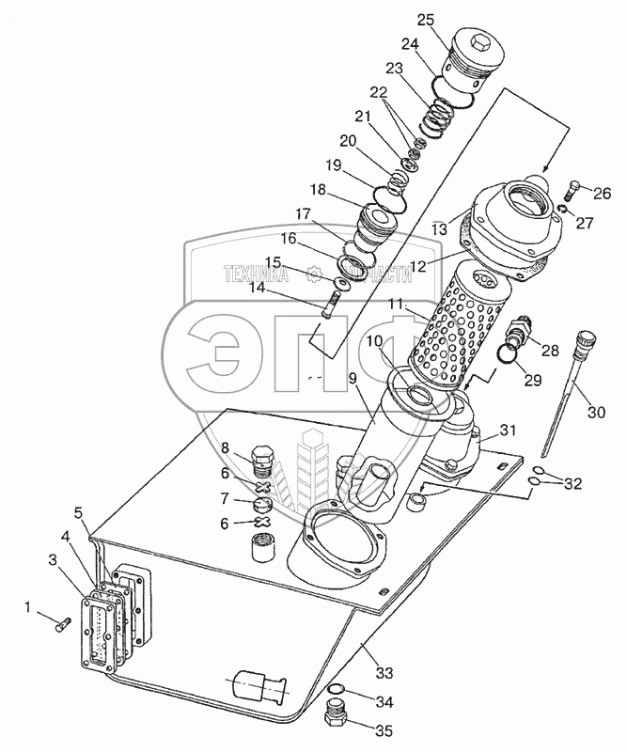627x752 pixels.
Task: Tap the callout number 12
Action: pos(418,266)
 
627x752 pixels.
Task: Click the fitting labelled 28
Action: pos(519,334)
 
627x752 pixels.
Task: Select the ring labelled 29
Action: pos(507,353)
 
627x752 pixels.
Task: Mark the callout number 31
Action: pos(508,431)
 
